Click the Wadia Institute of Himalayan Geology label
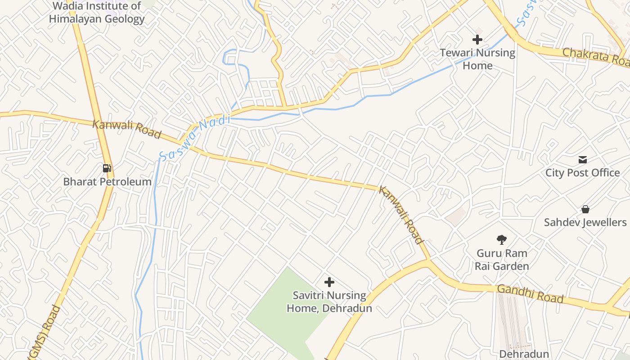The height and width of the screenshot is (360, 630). [97, 13]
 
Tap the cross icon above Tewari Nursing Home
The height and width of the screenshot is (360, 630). [477, 40]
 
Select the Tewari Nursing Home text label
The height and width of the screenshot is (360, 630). [477, 59]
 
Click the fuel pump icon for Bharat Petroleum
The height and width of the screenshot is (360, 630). [107, 168]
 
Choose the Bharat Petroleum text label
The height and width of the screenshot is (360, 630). [107, 182]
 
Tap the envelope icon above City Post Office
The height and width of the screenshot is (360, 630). [583, 159]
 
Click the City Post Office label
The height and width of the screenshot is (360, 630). [583, 173]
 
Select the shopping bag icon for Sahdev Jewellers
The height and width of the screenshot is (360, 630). [585, 209]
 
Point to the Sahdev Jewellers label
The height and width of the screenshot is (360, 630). [585, 222]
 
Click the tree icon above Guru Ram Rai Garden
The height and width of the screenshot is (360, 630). [502, 239]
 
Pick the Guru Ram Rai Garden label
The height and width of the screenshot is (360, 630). [502, 260]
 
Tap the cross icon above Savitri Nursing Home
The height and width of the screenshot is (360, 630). [329, 282]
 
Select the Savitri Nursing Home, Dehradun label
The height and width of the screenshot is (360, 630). [329, 302]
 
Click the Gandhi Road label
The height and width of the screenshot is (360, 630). [530, 294]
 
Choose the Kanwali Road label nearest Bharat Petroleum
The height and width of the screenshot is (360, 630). [127, 129]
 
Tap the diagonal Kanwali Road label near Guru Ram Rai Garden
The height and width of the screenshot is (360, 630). [401, 215]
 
